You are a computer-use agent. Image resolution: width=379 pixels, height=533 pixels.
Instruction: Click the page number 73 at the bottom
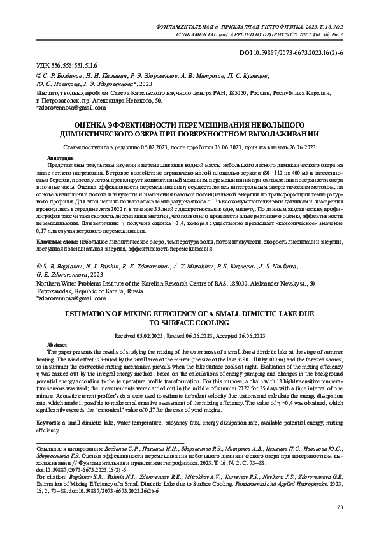pos(339,506)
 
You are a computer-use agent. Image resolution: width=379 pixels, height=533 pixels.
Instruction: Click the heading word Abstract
pos(57,344)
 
